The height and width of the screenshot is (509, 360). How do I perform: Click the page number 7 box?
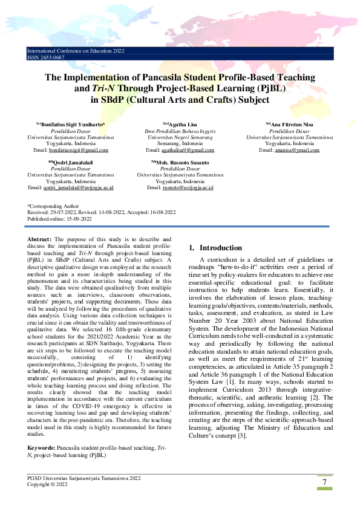click(325, 482)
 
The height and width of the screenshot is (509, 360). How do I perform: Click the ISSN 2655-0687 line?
click(46, 57)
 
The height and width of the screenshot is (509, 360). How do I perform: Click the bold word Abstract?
click(40, 240)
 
